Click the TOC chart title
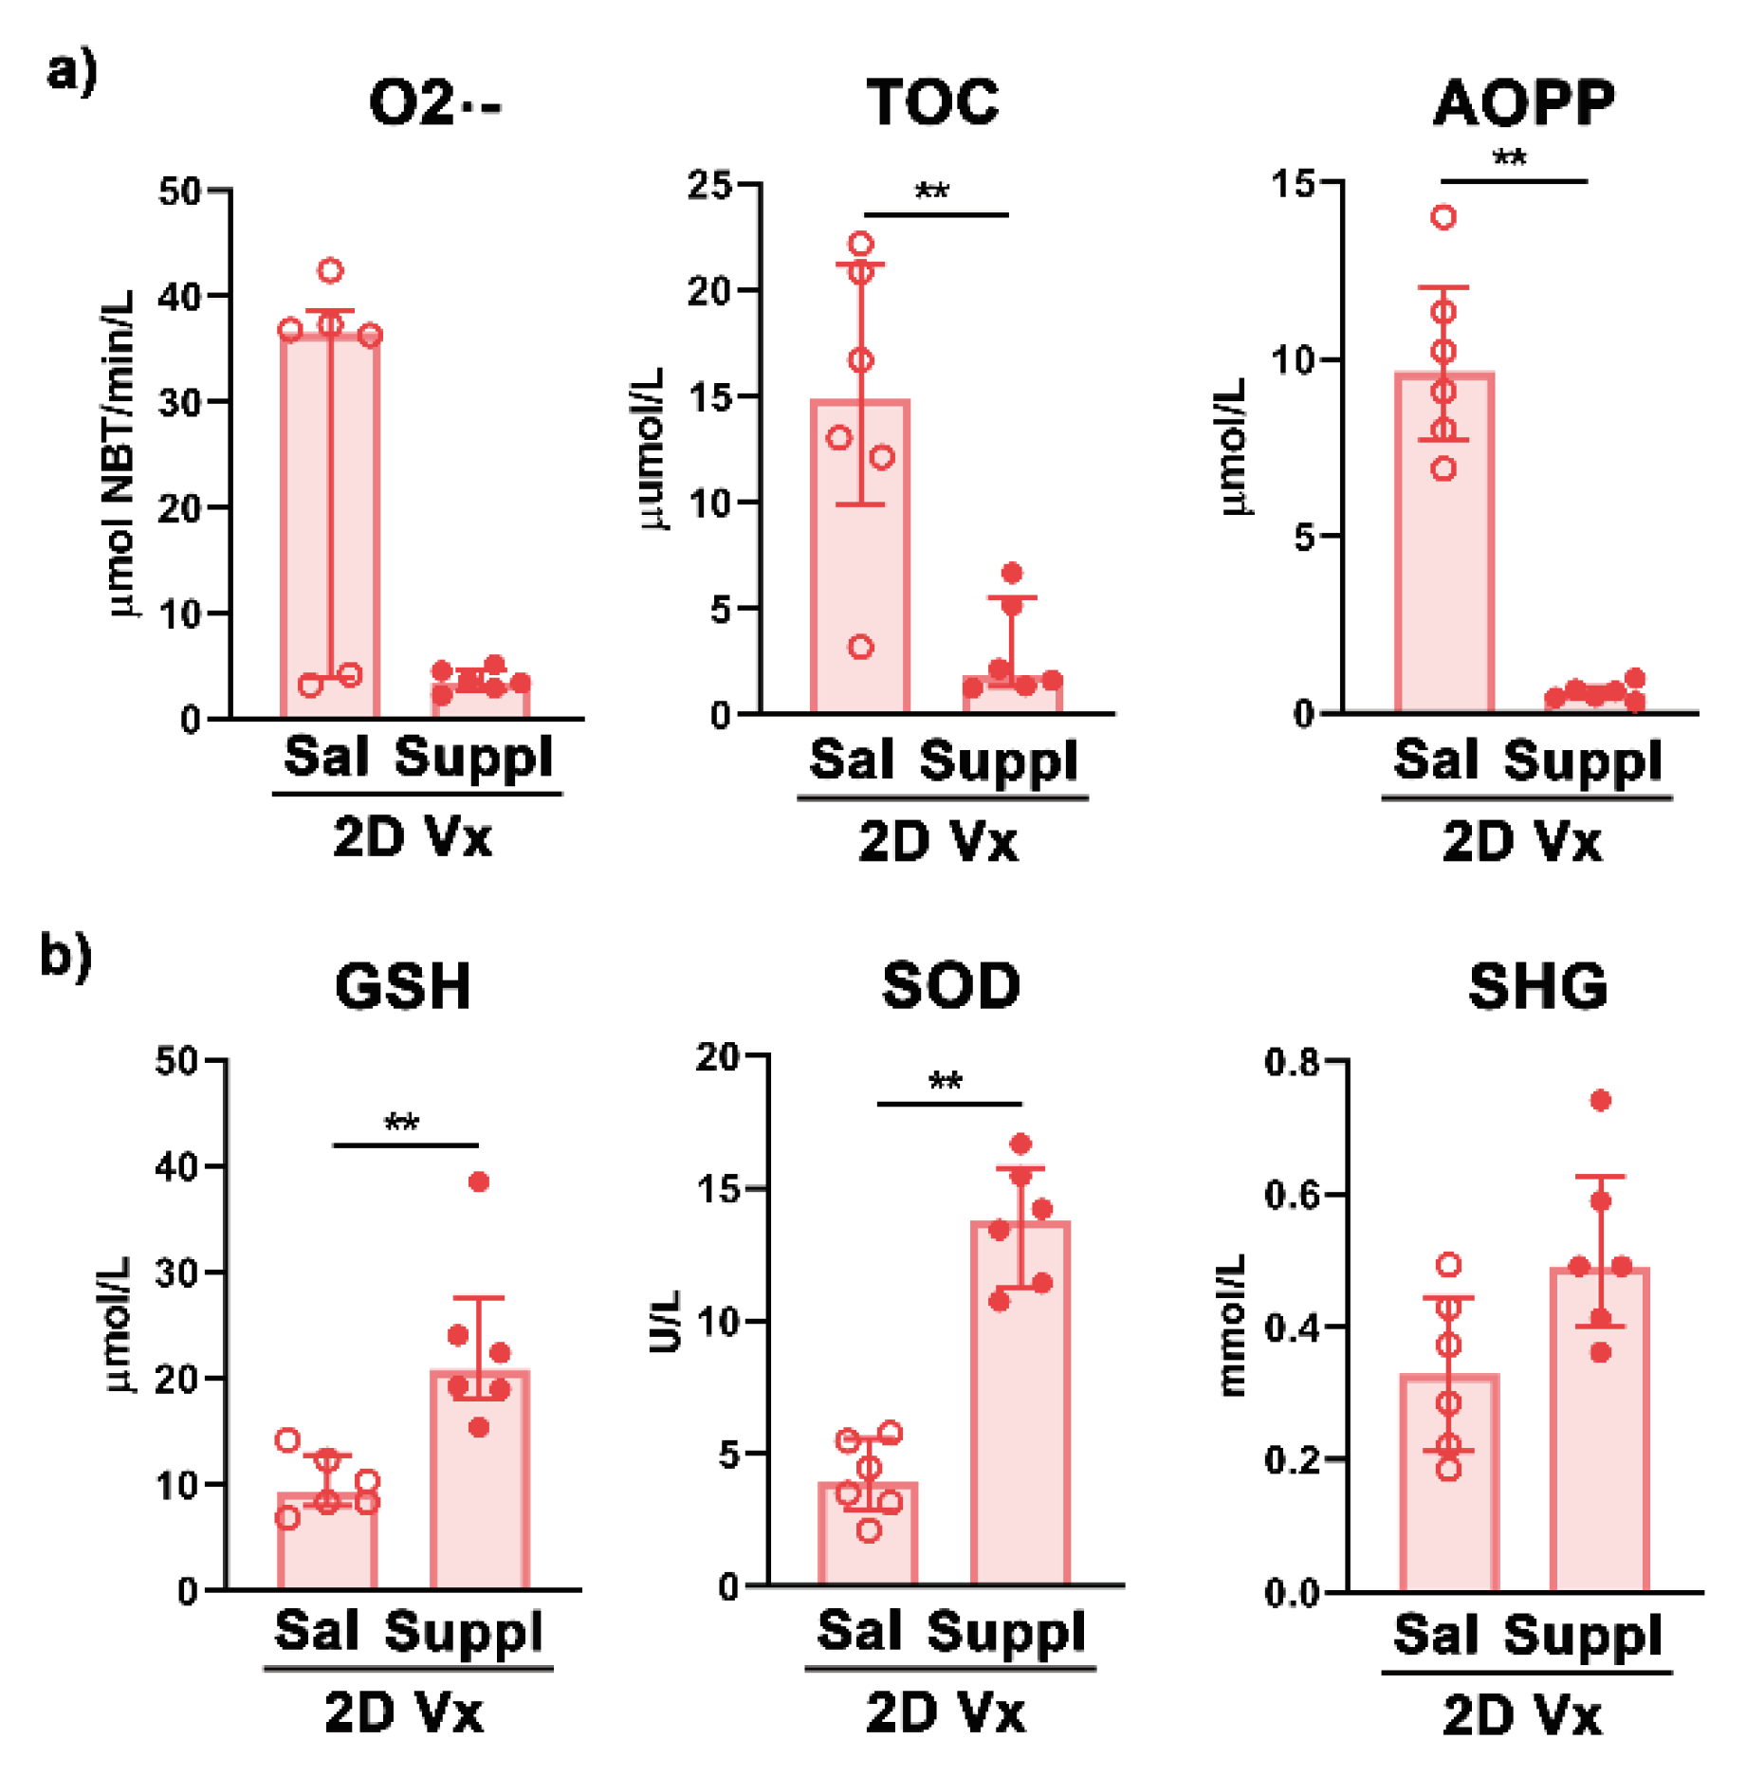point(932,101)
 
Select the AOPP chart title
point(1523,101)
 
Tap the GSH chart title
point(403,986)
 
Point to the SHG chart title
point(1537,986)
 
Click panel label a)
point(71,71)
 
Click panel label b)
point(65,956)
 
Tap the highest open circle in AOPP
point(1443,217)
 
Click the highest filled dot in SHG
point(1600,1101)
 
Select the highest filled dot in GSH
point(479,1181)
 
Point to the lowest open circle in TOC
point(860,648)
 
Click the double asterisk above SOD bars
point(946,1080)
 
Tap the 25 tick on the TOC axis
point(711,185)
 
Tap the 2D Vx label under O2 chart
point(413,837)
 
